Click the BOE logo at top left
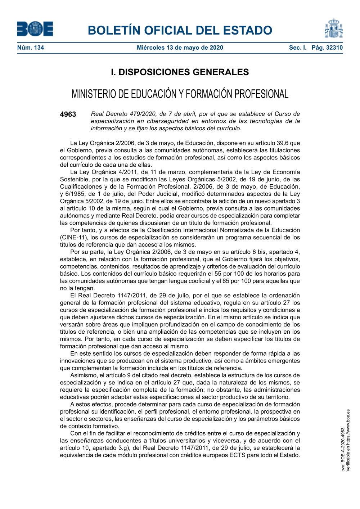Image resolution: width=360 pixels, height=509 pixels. pyautogui.click(x=35, y=29)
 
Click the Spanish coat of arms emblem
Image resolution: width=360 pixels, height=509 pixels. pyautogui.click(x=334, y=29)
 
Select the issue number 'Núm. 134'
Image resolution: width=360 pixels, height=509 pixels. pyautogui.click(x=31, y=48)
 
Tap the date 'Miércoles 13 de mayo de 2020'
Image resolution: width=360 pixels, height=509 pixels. pyautogui.click(x=180, y=48)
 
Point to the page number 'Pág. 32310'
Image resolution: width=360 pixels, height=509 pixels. pyautogui.click(x=327, y=48)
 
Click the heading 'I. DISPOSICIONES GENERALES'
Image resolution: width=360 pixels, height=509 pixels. pyautogui.click(x=180, y=72)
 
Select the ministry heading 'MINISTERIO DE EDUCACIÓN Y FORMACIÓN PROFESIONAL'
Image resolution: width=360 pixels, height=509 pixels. pyautogui.click(x=180, y=94)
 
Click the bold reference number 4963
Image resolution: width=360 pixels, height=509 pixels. pyautogui.click(x=68, y=114)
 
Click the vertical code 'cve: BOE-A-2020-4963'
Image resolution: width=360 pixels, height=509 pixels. pyautogui.click(x=343, y=449)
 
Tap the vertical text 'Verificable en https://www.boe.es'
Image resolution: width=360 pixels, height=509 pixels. pyautogui.click(x=348, y=440)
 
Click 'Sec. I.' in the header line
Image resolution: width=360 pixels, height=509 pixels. pyautogui.click(x=298, y=48)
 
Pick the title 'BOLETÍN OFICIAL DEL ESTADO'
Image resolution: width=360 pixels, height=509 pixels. pyautogui.click(x=180, y=31)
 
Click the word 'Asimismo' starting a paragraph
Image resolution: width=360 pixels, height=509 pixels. pyautogui.click(x=83, y=375)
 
